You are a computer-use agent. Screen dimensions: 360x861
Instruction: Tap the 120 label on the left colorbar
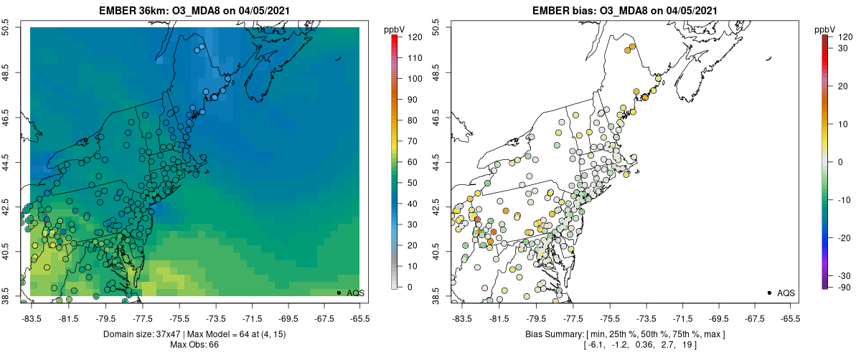pyautogui.click(x=415, y=36)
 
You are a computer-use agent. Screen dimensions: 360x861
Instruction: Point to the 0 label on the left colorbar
pyautogui.click(x=410, y=287)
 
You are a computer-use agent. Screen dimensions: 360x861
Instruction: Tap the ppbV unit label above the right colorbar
pyautogui.click(x=826, y=29)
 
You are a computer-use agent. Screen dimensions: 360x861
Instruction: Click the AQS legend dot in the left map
pyautogui.click(x=338, y=293)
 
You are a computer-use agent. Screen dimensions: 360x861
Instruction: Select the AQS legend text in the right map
pyautogui.click(x=786, y=293)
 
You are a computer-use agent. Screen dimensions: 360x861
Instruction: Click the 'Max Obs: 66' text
pyautogui.click(x=194, y=345)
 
